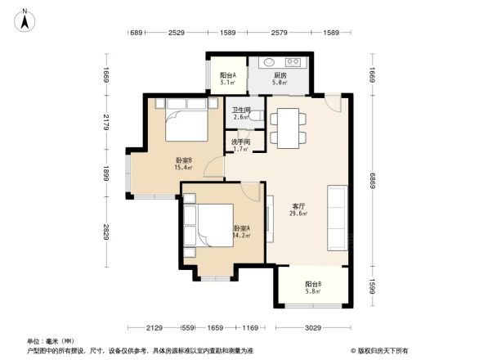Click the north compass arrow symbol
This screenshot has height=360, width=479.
click(25, 18)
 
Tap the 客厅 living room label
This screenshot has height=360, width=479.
click(299, 206)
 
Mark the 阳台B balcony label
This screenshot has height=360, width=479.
click(313, 284)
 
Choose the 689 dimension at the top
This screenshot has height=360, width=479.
click(137, 33)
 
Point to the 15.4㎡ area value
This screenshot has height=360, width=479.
click(182, 168)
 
